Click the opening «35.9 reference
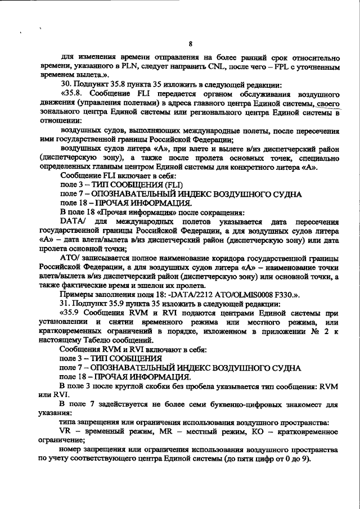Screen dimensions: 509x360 coord(71,313)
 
